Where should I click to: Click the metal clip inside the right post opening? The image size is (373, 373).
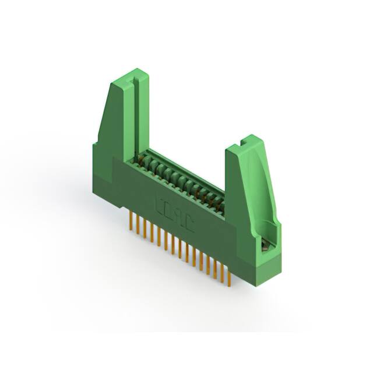tap(266, 246)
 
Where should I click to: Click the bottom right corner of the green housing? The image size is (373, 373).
tap(256, 284)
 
